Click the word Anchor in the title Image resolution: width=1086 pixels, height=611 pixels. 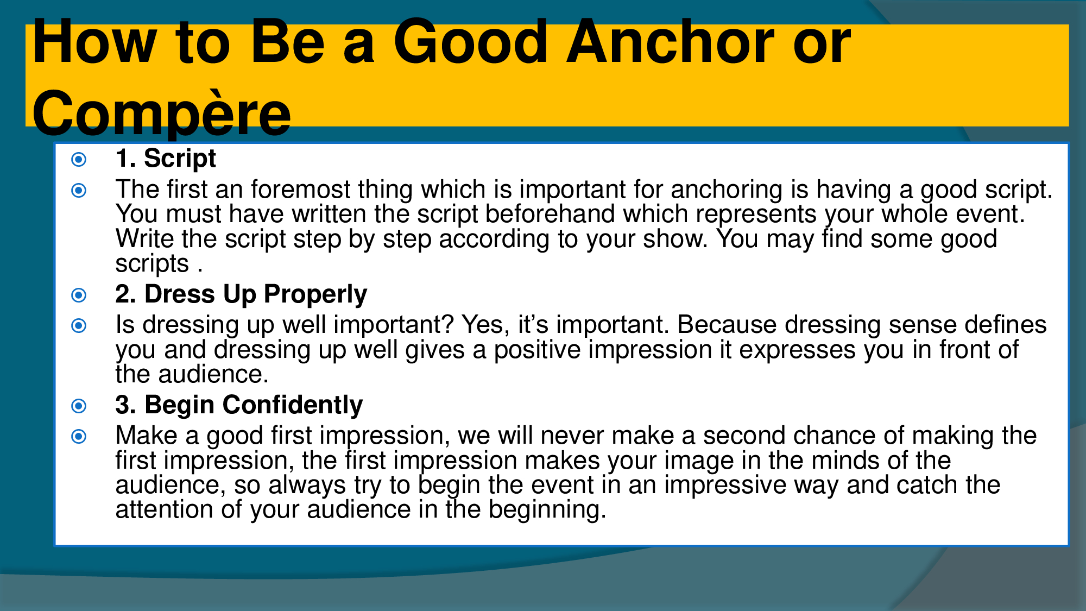pos(670,42)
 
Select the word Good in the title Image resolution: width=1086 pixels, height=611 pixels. pos(470,42)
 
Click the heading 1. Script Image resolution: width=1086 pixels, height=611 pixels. pos(166,159)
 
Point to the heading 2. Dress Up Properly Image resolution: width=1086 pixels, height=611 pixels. pos(241,294)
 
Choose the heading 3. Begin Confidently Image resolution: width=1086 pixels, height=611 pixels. pos(239,405)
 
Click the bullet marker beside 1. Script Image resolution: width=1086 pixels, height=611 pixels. pos(79,159)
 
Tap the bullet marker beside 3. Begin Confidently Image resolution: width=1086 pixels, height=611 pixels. pos(79,406)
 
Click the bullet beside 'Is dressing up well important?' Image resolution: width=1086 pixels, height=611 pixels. pos(79,326)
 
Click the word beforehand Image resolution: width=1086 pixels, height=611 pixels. pos(550,214)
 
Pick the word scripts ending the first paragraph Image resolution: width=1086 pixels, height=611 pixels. pos(151,264)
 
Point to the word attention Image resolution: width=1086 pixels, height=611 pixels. pos(165,510)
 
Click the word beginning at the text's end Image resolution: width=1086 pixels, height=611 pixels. pos(546,510)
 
